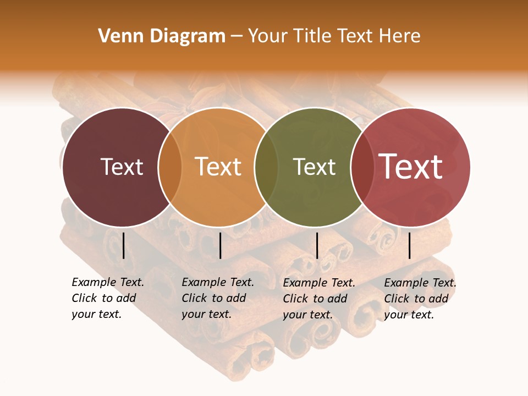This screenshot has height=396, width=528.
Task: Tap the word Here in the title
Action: (401, 36)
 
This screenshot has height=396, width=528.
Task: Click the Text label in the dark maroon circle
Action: (122, 167)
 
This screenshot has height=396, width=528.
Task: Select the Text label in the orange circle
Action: (218, 167)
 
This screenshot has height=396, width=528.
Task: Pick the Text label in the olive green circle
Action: (314, 167)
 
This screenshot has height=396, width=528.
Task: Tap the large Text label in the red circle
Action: (411, 167)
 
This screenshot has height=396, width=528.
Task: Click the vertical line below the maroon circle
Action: (123, 245)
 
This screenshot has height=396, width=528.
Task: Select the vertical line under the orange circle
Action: (220, 245)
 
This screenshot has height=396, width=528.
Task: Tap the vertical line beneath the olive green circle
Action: (317, 245)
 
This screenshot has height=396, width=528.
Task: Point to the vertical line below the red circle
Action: (409, 245)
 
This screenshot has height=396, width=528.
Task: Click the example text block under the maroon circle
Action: (107, 298)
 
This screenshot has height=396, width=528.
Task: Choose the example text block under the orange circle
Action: (217, 298)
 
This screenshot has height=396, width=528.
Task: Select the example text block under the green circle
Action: (318, 298)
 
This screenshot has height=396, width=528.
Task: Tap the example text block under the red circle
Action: (420, 298)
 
